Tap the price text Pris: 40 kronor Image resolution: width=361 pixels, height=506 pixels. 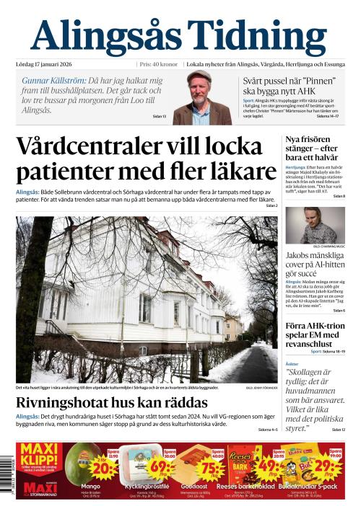pos(158,63)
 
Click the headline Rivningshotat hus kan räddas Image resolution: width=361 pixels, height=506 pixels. pos(112,402)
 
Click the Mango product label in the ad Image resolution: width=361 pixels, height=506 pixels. pos(90,486)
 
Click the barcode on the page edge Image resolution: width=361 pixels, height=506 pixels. pos(7,476)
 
